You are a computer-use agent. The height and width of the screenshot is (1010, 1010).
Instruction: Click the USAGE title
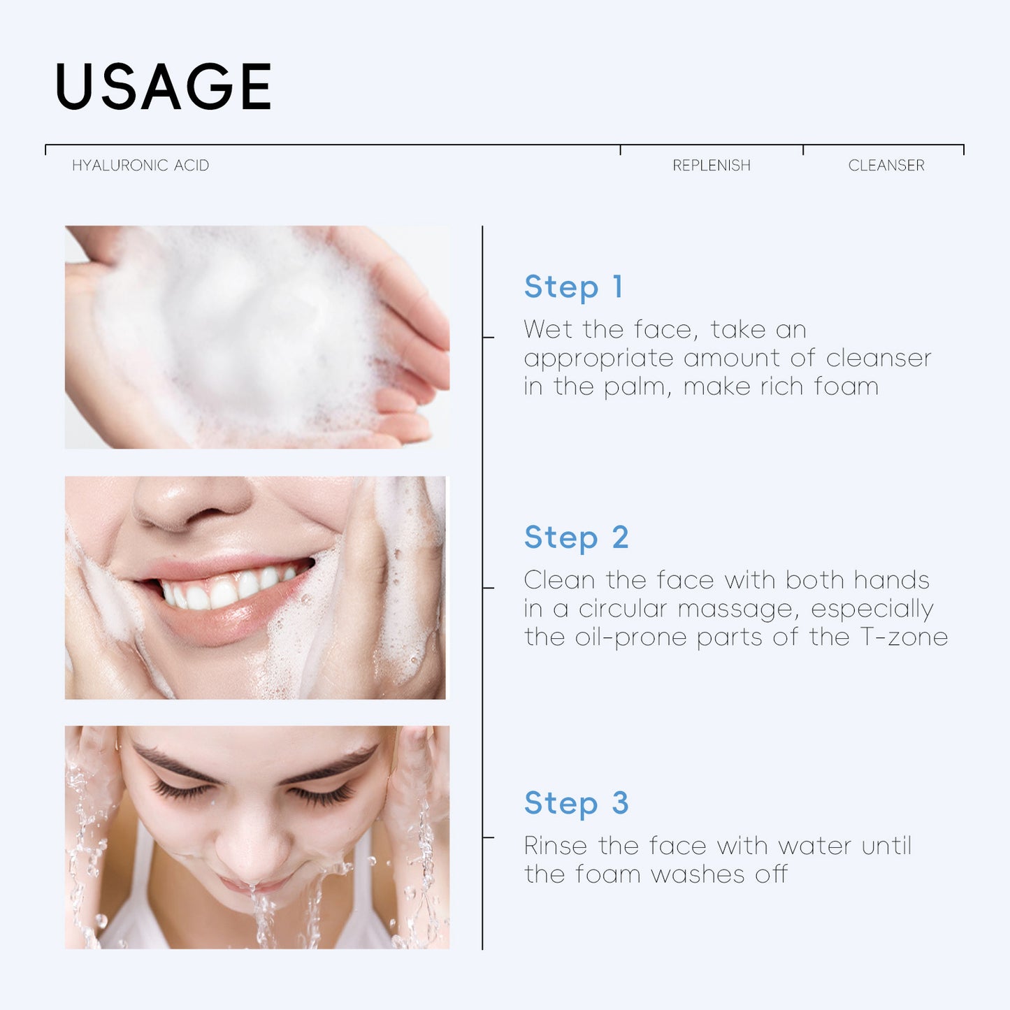coord(164,87)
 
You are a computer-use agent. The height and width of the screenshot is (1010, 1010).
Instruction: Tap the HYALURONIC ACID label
coord(140,166)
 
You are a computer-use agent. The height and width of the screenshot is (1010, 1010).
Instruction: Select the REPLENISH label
coord(712,166)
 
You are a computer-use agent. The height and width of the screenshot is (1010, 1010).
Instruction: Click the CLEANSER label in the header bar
coord(886,166)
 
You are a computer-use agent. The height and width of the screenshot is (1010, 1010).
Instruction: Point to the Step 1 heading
coord(574,287)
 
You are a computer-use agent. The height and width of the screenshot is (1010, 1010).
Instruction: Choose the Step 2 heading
coord(577,538)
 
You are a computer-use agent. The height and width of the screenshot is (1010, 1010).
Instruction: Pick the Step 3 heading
coord(577,803)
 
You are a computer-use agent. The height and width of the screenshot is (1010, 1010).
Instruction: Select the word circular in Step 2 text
coord(622,609)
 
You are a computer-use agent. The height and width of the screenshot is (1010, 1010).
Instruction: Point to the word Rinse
coord(556,846)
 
